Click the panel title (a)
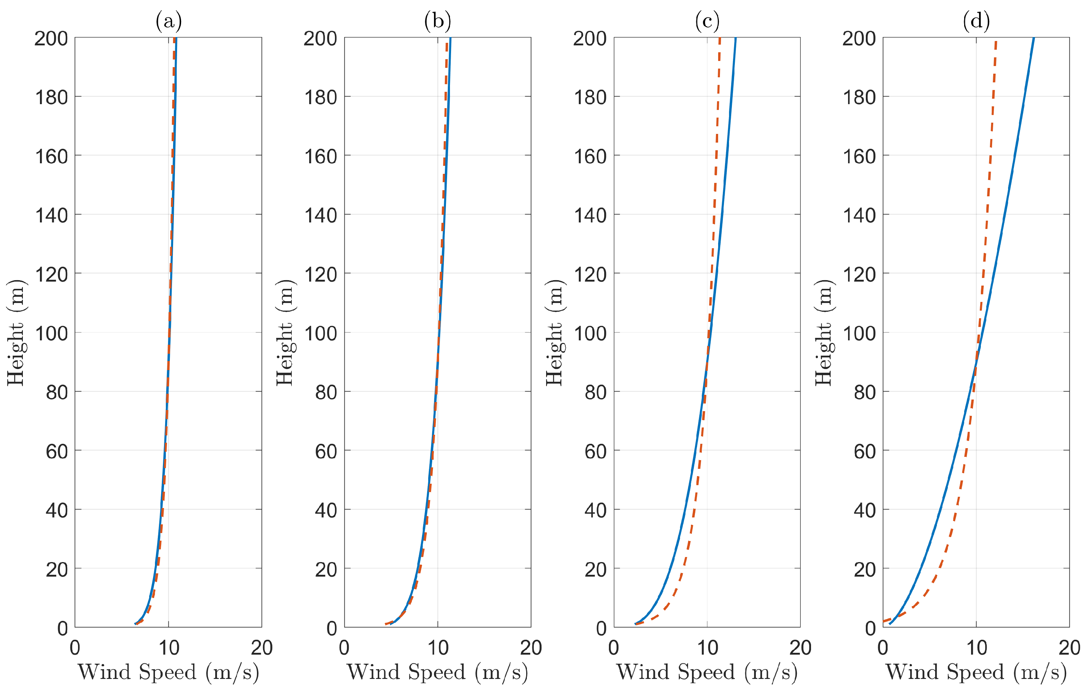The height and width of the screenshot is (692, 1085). tap(168, 21)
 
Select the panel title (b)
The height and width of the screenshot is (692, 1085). tap(438, 21)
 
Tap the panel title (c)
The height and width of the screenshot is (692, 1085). tap(707, 21)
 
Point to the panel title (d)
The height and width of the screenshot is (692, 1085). tap(976, 21)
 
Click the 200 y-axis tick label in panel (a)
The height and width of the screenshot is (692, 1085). tap(52, 39)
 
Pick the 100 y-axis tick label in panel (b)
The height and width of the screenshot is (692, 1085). tap(320, 334)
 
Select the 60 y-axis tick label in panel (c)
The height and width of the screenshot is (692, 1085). tap(596, 452)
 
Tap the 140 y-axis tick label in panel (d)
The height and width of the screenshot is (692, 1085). tap(859, 216)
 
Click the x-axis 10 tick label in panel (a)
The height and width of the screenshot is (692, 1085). tap(168, 648)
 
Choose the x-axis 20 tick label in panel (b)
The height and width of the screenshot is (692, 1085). tap(531, 648)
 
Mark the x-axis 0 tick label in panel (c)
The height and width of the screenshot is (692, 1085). tap(614, 648)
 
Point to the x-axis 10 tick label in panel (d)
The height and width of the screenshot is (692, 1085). tap(976, 648)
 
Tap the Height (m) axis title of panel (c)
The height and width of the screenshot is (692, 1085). tap(555, 332)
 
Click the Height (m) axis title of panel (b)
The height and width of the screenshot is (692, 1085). tap(285, 332)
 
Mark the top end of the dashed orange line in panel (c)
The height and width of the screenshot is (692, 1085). tap(720, 38)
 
